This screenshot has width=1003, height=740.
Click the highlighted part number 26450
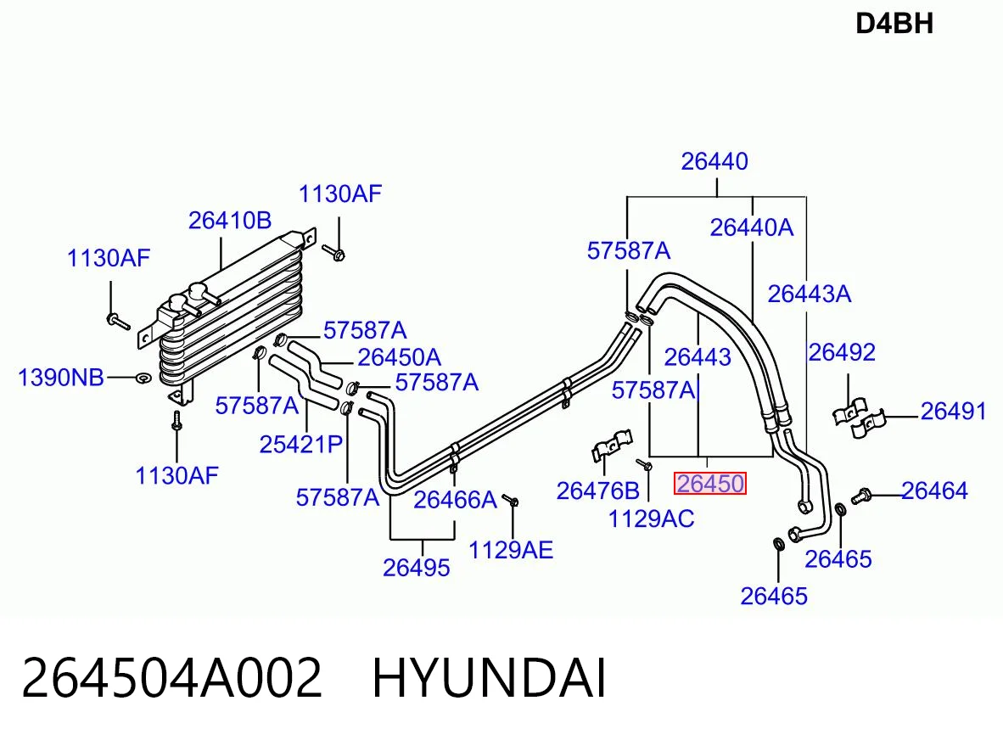[710, 484]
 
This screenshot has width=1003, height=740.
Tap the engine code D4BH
[894, 25]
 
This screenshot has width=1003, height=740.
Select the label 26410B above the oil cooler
[230, 221]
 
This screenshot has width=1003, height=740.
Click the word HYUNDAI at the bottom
[489, 679]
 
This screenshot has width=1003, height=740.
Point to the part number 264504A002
[171, 679]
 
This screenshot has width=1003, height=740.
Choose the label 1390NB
[61, 378]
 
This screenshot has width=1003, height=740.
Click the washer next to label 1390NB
[143, 378]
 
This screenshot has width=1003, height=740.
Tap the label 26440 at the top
[714, 161]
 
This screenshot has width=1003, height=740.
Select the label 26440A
[752, 227]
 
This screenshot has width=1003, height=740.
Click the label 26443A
[810, 294]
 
